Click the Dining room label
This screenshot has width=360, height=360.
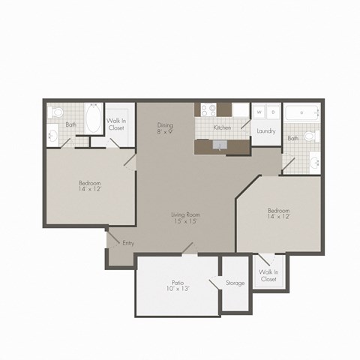pos(165,124)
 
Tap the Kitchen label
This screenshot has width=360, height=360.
pos(221,128)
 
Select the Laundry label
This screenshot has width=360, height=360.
pos(265,131)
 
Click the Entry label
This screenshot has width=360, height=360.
pos(128,243)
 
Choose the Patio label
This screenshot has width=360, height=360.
pos(177,282)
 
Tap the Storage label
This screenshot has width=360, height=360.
pos(235,283)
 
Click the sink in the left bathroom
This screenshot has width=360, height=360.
pos(52,136)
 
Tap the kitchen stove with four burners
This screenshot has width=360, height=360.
pos(205,112)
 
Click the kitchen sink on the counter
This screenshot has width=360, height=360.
pos(218,145)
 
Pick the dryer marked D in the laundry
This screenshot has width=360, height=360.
pos(273,112)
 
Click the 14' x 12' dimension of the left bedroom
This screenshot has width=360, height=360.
pos(90,190)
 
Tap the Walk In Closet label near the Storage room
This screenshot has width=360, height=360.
pos(268,275)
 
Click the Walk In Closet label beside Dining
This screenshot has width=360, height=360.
pos(116,125)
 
